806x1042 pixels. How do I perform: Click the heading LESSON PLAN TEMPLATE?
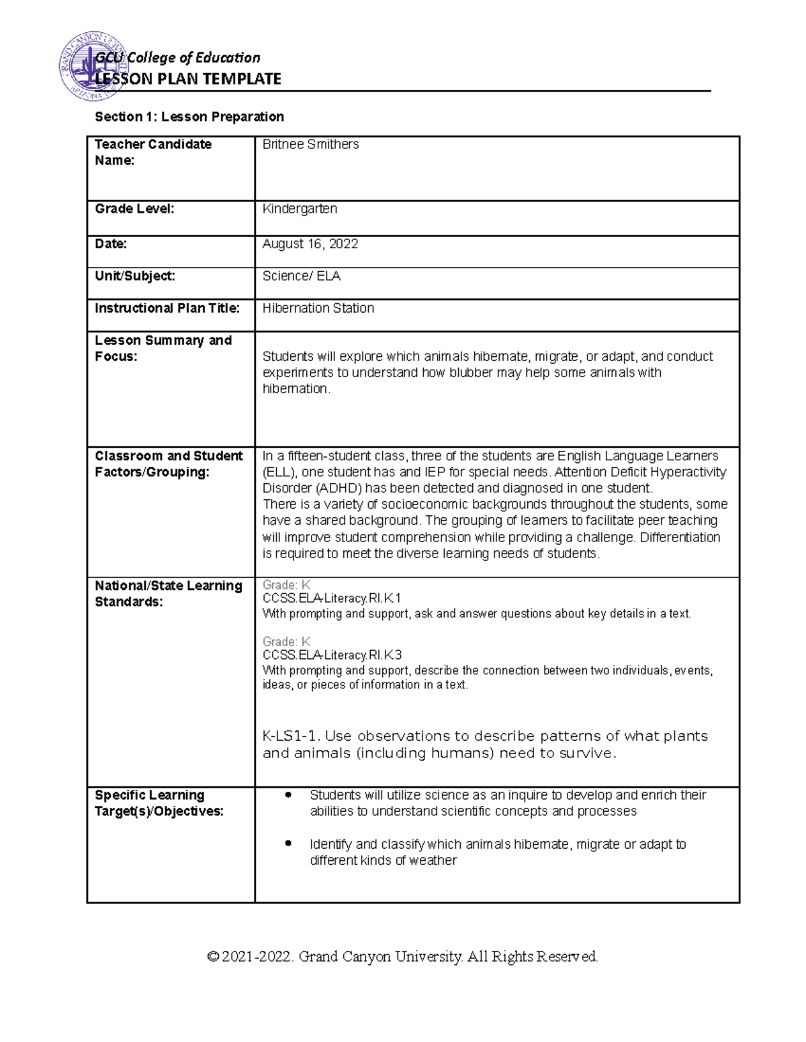(x=188, y=79)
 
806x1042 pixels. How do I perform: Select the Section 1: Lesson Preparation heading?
(x=189, y=117)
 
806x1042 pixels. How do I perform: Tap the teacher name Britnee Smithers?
(x=310, y=144)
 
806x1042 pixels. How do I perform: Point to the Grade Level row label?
(x=134, y=209)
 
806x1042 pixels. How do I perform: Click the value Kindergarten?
(x=300, y=209)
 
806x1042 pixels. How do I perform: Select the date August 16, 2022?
(x=310, y=244)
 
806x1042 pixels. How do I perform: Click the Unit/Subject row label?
(x=134, y=276)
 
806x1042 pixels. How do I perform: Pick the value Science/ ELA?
(x=301, y=276)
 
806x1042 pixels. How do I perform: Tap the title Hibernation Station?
(x=318, y=308)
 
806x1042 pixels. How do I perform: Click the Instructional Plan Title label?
(x=167, y=308)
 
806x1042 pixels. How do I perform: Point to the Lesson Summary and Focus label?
(x=163, y=348)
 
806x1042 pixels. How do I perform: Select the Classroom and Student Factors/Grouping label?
(x=168, y=464)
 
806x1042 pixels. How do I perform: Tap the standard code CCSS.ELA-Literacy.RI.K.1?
(x=332, y=598)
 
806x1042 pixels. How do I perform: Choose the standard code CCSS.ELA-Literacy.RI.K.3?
(x=332, y=655)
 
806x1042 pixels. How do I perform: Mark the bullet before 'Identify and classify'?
(x=288, y=843)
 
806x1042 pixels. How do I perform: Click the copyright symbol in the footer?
(x=213, y=956)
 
